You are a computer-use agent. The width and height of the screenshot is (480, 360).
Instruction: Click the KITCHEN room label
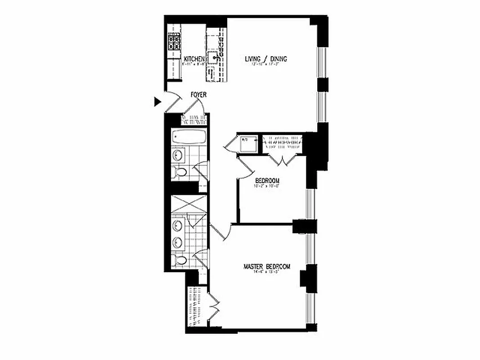click(x=194, y=59)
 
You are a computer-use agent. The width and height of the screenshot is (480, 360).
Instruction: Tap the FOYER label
click(x=198, y=95)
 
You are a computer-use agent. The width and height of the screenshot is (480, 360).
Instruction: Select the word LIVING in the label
click(x=253, y=59)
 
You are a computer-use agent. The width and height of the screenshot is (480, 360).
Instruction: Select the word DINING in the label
click(x=278, y=59)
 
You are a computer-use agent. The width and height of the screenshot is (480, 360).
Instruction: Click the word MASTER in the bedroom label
click(x=253, y=266)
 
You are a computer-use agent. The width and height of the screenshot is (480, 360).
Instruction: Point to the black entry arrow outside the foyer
click(x=157, y=102)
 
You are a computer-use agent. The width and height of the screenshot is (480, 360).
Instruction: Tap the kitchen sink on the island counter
click(x=214, y=57)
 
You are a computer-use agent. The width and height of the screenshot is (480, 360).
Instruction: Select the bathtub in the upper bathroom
click(x=189, y=136)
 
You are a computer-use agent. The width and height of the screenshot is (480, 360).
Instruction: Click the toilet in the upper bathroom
click(x=180, y=172)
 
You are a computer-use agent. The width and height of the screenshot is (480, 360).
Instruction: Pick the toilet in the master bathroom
click(x=180, y=260)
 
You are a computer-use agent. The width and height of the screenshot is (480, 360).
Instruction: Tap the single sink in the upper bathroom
click(x=177, y=155)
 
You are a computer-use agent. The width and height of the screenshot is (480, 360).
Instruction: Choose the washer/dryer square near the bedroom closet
click(x=248, y=144)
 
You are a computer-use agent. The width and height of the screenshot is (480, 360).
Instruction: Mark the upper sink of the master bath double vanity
click(x=177, y=225)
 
